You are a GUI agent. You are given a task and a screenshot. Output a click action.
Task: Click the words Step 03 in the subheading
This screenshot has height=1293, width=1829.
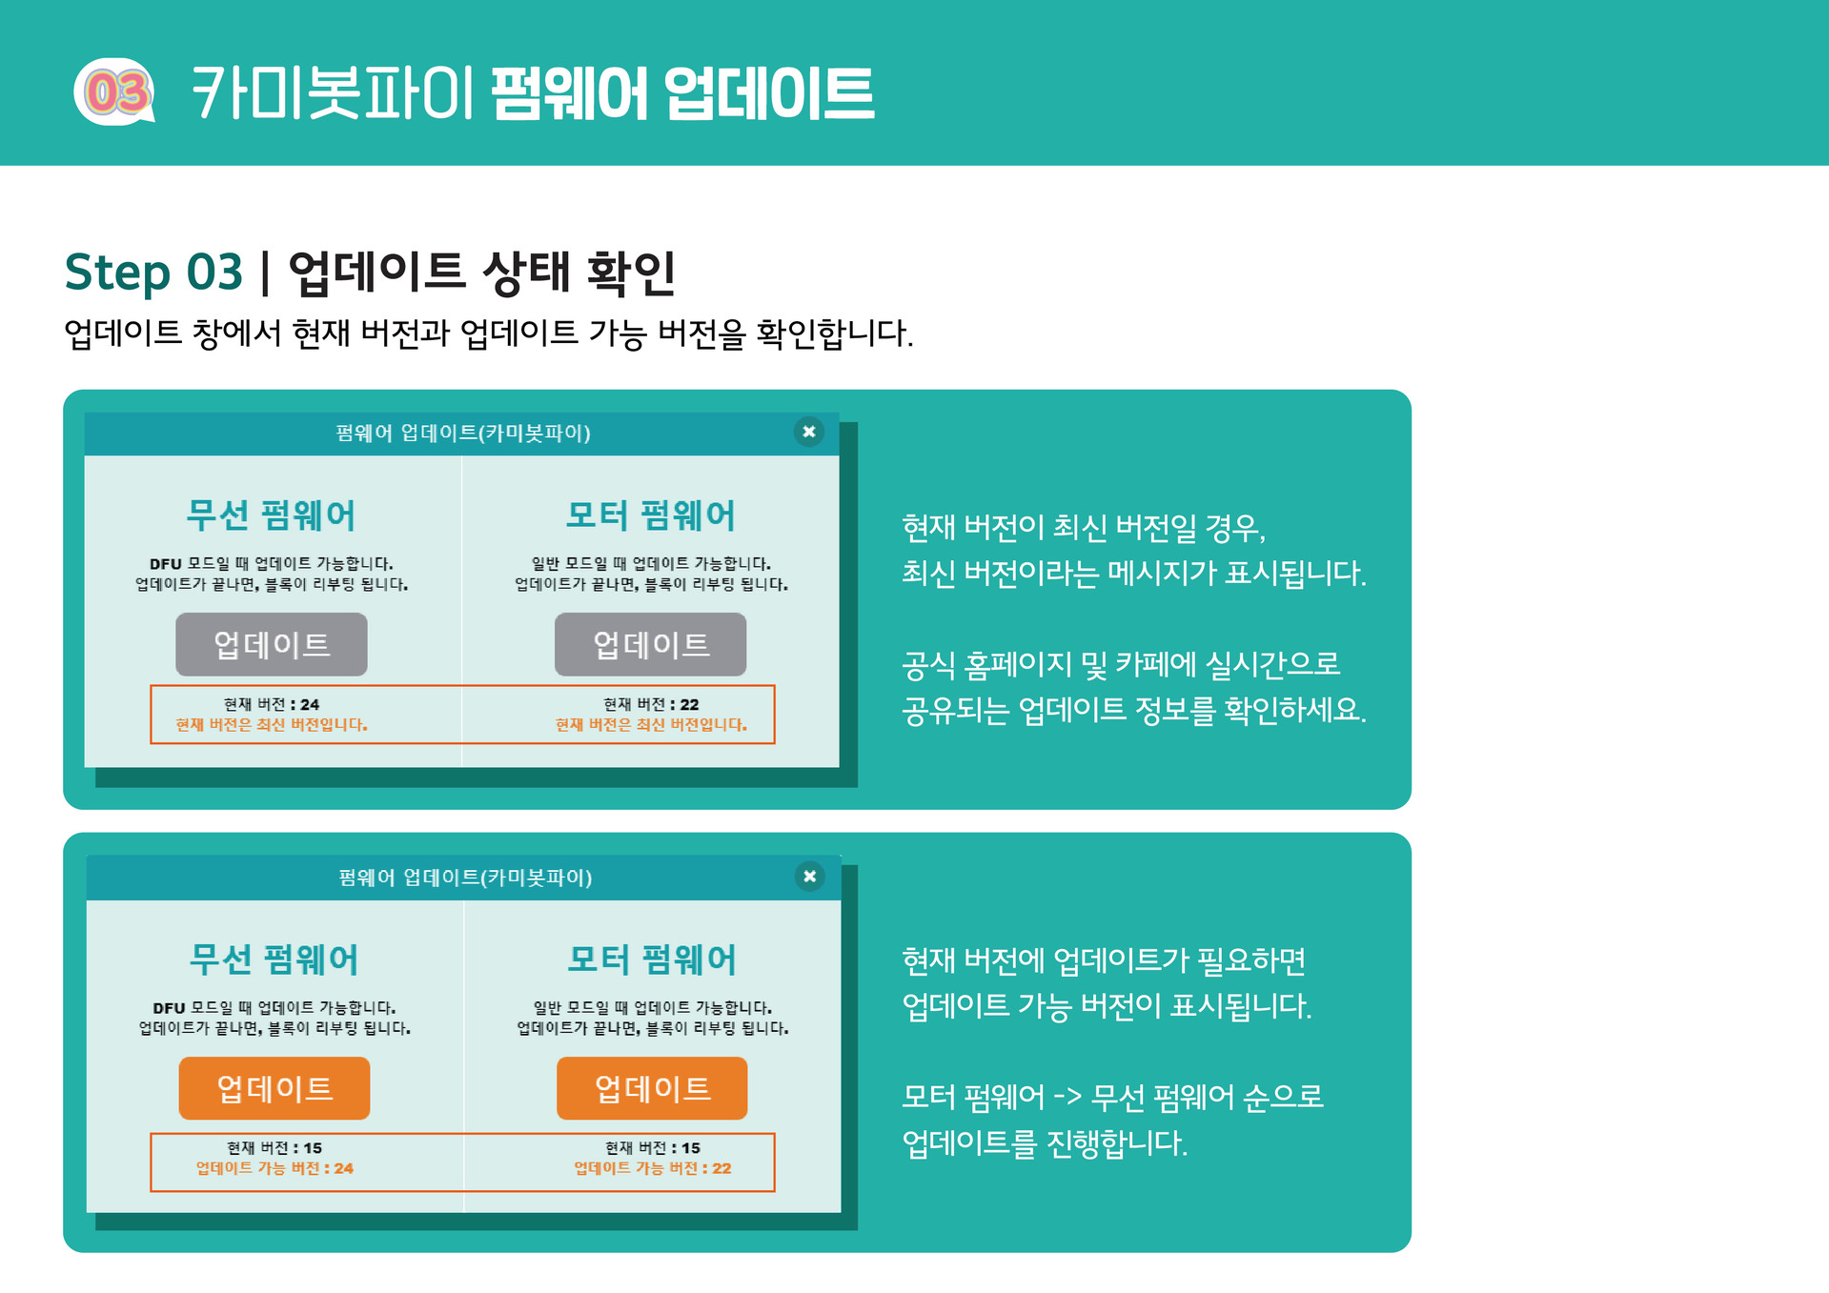(152, 273)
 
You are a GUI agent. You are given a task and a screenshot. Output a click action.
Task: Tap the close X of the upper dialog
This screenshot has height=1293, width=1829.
(808, 432)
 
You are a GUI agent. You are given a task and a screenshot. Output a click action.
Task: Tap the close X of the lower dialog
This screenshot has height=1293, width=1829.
(809, 877)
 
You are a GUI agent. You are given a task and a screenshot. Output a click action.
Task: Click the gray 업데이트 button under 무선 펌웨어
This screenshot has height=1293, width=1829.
(272, 645)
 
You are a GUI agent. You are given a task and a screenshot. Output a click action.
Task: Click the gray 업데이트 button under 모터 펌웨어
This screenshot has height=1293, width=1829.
(651, 645)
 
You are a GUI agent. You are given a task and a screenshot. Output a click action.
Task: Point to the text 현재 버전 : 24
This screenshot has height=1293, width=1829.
(272, 704)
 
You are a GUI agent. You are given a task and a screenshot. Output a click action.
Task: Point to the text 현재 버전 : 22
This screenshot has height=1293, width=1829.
(651, 704)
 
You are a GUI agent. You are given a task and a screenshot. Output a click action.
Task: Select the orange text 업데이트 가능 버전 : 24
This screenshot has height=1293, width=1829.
(274, 1168)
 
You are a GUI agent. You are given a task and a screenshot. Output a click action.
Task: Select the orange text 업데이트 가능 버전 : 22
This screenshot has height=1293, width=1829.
(653, 1168)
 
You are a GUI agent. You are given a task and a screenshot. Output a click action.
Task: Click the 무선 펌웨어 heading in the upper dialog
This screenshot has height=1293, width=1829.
(272, 515)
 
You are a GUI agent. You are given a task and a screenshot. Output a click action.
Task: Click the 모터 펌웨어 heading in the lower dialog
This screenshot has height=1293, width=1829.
(653, 960)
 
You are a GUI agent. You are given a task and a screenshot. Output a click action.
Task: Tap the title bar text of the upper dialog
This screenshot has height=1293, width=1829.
(463, 434)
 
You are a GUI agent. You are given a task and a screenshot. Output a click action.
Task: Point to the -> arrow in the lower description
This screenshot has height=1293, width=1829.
(1067, 1098)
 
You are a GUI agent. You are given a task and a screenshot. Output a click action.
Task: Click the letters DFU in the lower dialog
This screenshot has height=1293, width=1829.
(169, 1008)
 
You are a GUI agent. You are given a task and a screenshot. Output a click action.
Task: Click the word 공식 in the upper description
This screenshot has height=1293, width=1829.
(928, 665)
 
